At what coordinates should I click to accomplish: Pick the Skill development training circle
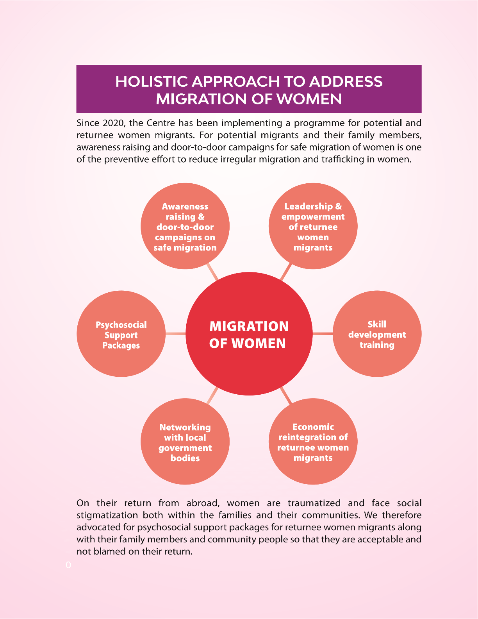[377, 334]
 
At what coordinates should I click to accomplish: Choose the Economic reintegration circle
[313, 442]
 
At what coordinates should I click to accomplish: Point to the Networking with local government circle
[185, 442]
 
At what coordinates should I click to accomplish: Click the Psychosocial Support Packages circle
[121, 334]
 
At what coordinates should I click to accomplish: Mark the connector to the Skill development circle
[323, 334]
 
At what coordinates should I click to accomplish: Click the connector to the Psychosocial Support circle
[175, 334]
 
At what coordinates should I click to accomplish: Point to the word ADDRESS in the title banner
[346, 82]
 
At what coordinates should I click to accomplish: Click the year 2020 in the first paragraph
[113, 123]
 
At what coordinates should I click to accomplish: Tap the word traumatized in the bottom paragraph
[314, 503]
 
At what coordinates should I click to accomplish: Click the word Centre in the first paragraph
[161, 123]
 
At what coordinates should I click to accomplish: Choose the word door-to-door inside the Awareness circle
[185, 227]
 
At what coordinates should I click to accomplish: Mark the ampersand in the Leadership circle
[338, 206]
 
